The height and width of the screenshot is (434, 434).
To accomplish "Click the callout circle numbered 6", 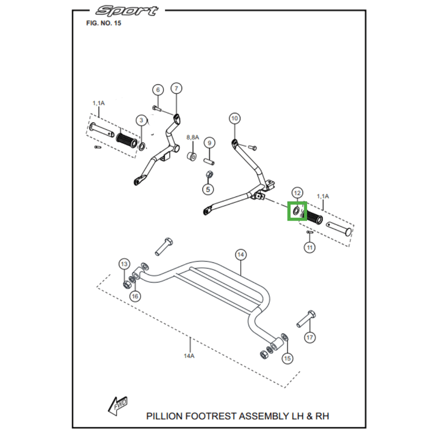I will click(157, 90).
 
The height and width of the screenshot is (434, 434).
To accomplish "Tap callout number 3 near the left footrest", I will click(141, 120).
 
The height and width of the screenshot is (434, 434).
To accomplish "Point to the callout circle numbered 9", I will click(210, 143).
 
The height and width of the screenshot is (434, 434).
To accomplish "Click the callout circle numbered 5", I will click(208, 189).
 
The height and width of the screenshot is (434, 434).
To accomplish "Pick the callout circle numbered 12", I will click(297, 193).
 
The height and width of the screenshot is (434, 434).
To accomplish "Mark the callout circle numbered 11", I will click(310, 248).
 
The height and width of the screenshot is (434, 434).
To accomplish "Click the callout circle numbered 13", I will click(124, 264).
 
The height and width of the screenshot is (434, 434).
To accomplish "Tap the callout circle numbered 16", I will click(135, 296).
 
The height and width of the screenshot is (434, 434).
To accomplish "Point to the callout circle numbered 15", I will click(288, 358).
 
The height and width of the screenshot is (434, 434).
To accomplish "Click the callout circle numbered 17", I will click(310, 337).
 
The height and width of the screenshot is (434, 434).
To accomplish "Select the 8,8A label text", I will click(193, 138).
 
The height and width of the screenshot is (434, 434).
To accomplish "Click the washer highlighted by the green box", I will click(296, 211).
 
